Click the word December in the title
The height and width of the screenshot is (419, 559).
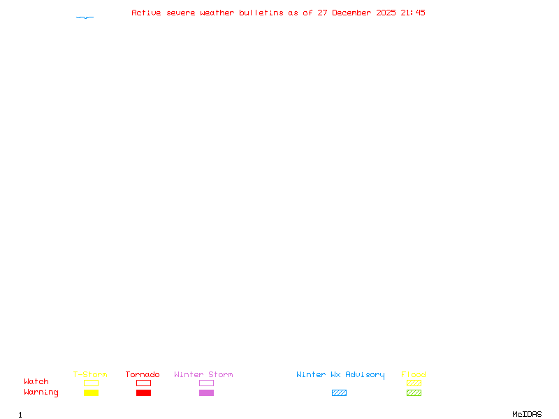click(352, 13)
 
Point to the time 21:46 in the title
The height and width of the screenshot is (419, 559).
click(413, 13)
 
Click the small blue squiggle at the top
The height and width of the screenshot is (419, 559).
click(85, 17)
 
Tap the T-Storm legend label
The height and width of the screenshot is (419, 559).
click(90, 374)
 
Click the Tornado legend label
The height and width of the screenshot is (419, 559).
click(143, 374)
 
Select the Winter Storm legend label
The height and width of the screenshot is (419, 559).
click(203, 374)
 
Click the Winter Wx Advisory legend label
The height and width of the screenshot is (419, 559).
click(340, 374)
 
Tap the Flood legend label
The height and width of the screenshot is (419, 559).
click(414, 374)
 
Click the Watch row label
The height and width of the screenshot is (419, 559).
click(36, 382)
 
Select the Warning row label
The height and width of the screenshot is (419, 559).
click(41, 392)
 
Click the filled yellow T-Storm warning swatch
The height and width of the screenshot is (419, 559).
click(91, 393)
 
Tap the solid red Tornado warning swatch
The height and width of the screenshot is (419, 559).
click(143, 393)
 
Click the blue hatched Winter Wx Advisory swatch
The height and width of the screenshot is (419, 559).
click(339, 393)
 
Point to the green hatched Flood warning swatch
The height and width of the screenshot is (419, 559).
click(414, 393)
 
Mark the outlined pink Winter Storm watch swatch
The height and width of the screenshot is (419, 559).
click(206, 383)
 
